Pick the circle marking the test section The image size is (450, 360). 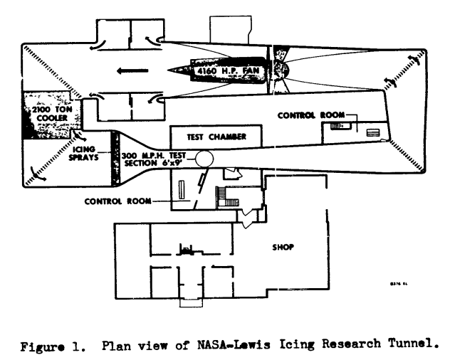pyautogui.click(x=204, y=158)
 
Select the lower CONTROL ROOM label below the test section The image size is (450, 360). pyautogui.click(x=118, y=201)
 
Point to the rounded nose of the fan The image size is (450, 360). pyautogui.click(x=281, y=71)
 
